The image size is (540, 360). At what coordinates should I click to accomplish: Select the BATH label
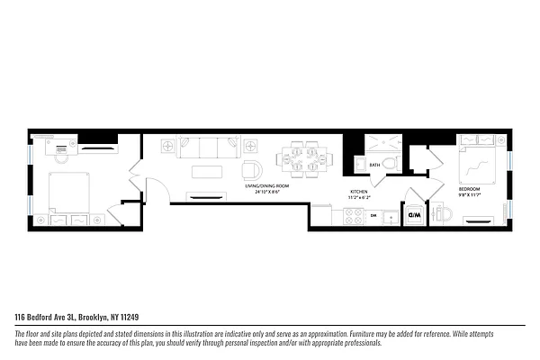pyautogui.click(x=373, y=165)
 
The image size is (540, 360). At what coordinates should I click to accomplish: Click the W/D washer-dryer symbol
pyautogui.click(x=415, y=216)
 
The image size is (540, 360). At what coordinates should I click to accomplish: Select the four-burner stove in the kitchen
pyautogui.click(x=353, y=216)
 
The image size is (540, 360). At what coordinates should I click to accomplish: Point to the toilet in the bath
pyautogui.click(x=441, y=215)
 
